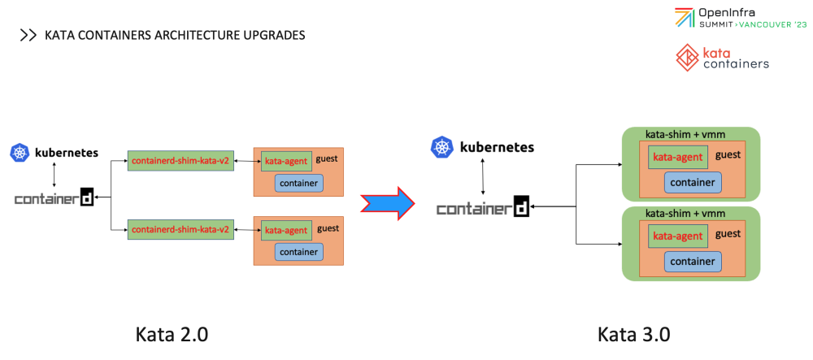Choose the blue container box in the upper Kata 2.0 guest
298,183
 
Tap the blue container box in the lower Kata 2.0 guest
298,252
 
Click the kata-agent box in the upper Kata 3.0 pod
677,157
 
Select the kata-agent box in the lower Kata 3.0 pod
677,236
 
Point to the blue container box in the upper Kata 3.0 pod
693,182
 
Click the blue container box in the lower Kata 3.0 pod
693,261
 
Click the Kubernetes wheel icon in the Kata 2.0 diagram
20,152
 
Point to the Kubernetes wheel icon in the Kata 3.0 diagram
442,147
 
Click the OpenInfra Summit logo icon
685,18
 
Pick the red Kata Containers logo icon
687,57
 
